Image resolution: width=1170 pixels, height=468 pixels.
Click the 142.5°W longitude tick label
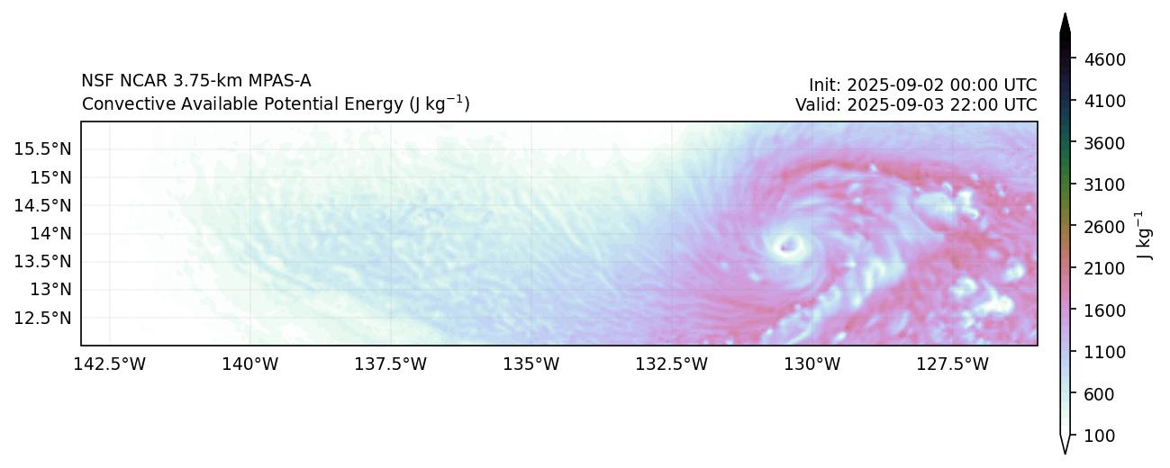pyautogui.click(x=110, y=364)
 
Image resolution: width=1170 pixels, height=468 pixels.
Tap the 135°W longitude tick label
pyautogui.click(x=531, y=364)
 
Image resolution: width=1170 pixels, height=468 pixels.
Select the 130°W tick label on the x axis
pyautogui.click(x=812, y=364)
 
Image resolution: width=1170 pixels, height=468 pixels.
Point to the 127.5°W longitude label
pyautogui.click(x=953, y=364)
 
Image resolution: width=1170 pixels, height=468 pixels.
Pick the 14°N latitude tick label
pyautogui.click(x=50, y=233)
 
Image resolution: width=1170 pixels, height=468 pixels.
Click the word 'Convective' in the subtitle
pyautogui.click(x=117, y=104)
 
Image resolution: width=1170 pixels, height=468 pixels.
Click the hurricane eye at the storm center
pyautogui.click(x=789, y=244)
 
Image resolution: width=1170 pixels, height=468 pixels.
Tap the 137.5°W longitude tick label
pyautogui.click(x=391, y=364)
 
